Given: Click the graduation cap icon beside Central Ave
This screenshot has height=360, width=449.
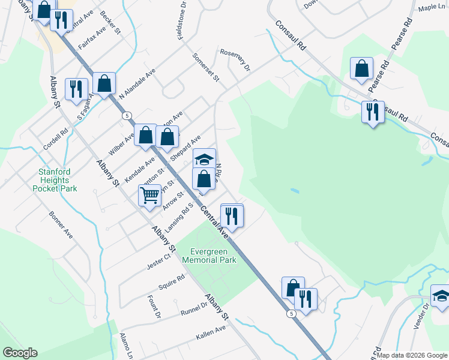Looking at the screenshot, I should click(204, 160).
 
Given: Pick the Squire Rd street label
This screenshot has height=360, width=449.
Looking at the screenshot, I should click(172, 281).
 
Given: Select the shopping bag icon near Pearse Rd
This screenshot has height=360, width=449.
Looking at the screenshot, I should click(361, 69).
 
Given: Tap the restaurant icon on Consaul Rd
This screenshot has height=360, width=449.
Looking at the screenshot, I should click(373, 112).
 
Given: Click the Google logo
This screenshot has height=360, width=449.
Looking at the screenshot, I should click(20, 353).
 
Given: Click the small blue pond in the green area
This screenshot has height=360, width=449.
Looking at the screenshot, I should click(294, 190).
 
